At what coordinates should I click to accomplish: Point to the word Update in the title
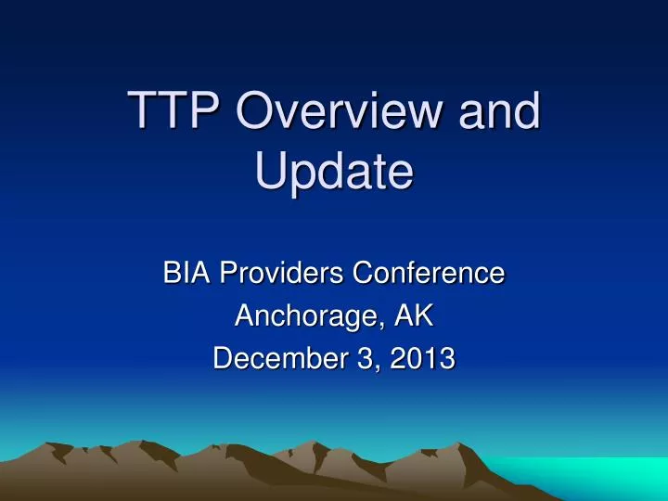tap(334, 173)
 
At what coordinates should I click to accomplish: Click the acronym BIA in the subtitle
tap(185, 274)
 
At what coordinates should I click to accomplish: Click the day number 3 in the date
tap(363, 359)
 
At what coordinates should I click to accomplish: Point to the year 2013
tap(422, 359)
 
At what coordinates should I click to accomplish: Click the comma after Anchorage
tap(378, 326)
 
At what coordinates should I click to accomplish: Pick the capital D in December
tap(224, 359)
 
